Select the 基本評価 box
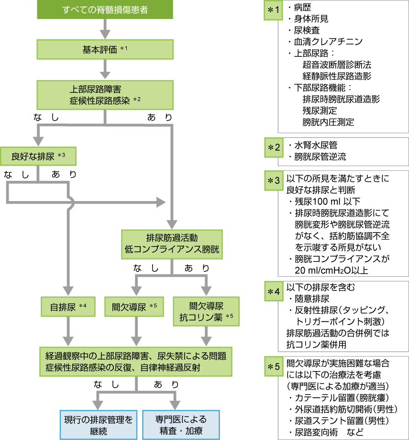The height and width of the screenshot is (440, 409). [x=104, y=49]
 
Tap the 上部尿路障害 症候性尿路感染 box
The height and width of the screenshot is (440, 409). [x=104, y=94]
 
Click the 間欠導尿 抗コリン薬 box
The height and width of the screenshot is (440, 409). [x=206, y=311]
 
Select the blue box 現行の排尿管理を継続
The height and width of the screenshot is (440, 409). [x=99, y=424]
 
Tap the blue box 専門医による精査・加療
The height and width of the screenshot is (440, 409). [x=181, y=424]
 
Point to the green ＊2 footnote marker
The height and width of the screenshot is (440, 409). [x=274, y=147]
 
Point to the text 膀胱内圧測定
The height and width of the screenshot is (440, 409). [x=328, y=122]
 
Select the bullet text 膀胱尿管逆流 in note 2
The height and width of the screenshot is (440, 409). [x=320, y=157]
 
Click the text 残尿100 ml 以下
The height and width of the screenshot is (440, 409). [x=328, y=201]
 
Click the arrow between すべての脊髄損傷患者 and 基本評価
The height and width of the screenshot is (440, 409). [x=104, y=30]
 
